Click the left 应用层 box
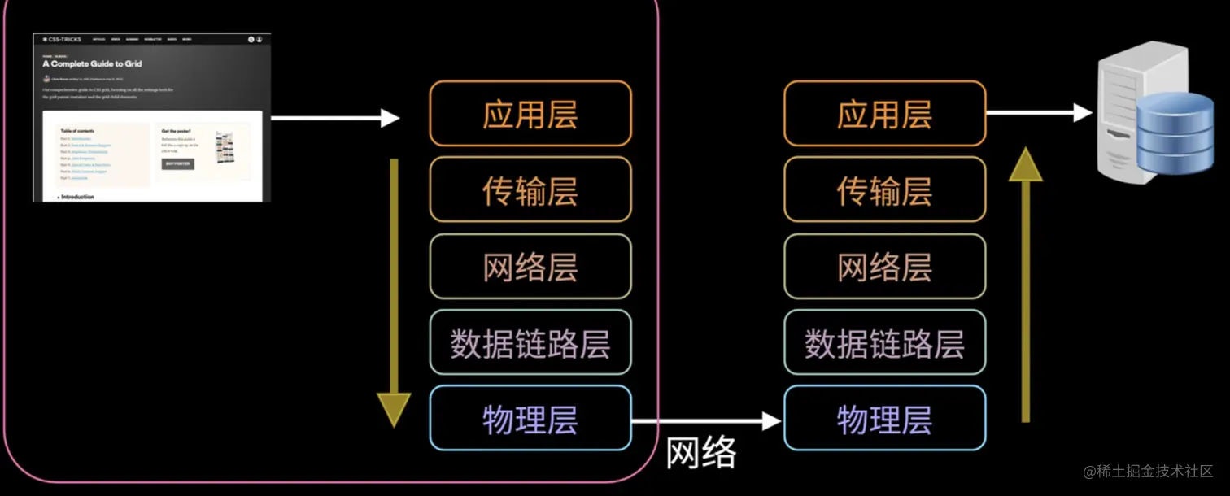(x=530, y=114)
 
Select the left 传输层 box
(x=530, y=189)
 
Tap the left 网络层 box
(x=530, y=266)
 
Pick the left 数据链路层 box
(x=530, y=342)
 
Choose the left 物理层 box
(x=530, y=418)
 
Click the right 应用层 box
(x=884, y=114)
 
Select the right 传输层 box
(x=884, y=189)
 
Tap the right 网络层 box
(x=884, y=266)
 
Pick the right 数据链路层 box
(x=884, y=342)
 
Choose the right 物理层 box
(x=884, y=418)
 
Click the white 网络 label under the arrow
(x=701, y=452)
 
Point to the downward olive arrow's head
(x=395, y=409)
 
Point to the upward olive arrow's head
(x=1025, y=164)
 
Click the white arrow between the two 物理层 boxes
(x=706, y=420)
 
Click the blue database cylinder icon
(x=1175, y=134)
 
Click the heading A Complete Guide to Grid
(x=92, y=63)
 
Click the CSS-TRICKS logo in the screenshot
(x=62, y=39)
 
